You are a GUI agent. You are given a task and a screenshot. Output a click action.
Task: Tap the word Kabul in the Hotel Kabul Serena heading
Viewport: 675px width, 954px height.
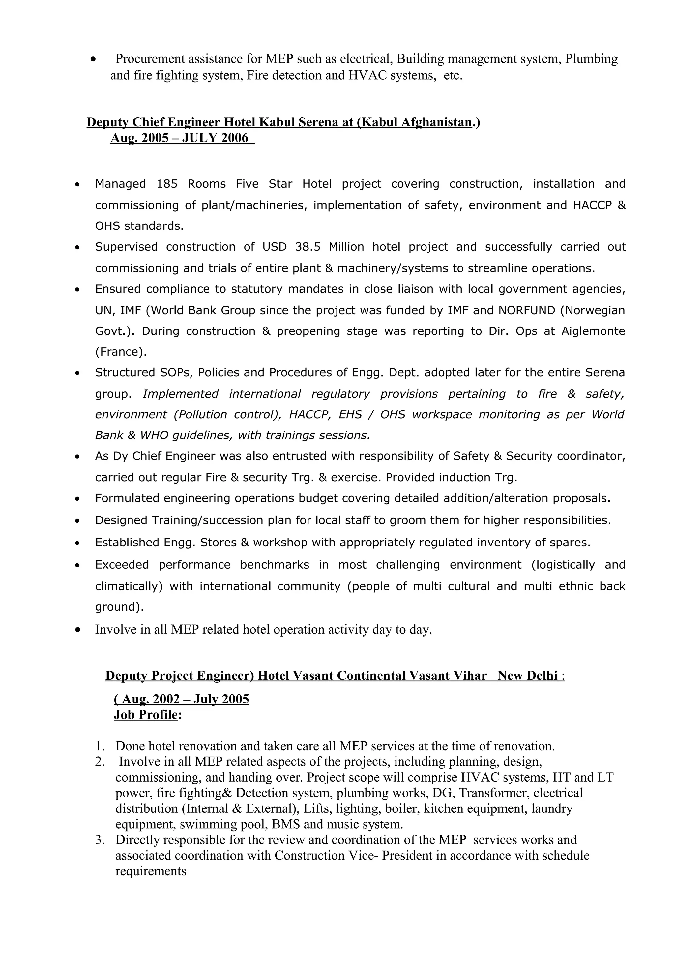277,122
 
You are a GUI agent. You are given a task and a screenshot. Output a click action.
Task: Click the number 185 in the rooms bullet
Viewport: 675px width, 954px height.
167,184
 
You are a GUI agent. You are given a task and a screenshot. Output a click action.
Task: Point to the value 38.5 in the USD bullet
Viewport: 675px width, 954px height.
308,247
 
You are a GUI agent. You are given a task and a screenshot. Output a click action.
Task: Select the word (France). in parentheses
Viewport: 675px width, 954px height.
121,352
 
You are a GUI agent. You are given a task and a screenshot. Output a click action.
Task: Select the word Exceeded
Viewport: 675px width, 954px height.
122,565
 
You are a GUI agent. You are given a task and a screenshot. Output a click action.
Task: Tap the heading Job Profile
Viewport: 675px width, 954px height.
146,715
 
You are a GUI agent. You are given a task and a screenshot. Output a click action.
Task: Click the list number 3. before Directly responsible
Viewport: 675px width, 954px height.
100,840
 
